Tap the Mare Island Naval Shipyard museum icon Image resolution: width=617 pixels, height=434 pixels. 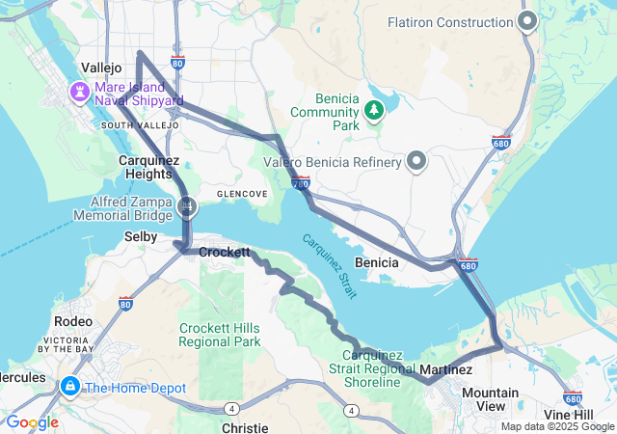click(77, 92)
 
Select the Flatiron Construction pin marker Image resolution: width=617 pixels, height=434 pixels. click(527, 21)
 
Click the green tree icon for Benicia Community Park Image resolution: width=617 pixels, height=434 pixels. click(373, 111)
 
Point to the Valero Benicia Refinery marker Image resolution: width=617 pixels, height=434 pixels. click(416, 161)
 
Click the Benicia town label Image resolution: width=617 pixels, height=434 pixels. click(378, 262)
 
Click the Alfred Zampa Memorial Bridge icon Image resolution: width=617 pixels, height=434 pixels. click(187, 204)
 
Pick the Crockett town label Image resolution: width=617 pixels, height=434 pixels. click(225, 252)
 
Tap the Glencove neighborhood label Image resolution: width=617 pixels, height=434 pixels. click(242, 194)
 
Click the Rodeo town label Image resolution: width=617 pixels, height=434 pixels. click(74, 320)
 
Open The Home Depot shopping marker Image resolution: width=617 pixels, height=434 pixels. click(69, 387)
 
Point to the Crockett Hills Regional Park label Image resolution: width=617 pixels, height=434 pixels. click(220, 335)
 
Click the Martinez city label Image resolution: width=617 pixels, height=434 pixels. click(446, 369)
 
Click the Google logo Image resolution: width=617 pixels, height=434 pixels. click(33, 422)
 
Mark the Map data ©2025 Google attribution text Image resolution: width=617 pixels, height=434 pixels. click(555, 426)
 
